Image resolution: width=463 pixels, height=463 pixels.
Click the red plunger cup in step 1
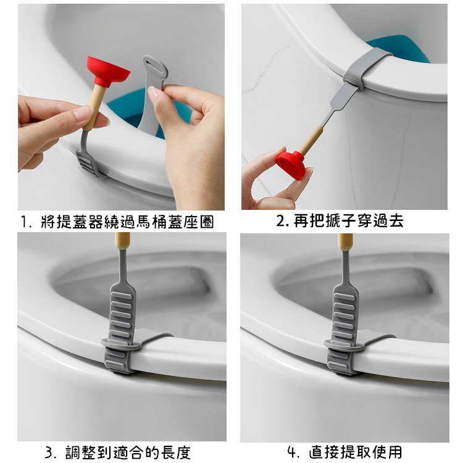coord(107,70)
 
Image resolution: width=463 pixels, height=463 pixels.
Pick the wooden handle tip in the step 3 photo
coord(123,240)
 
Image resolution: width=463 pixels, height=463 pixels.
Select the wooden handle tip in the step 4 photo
coord(346,240)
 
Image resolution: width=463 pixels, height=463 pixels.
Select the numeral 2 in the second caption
coord(281,222)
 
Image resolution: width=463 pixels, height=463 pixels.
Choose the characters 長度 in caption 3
coord(176,452)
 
